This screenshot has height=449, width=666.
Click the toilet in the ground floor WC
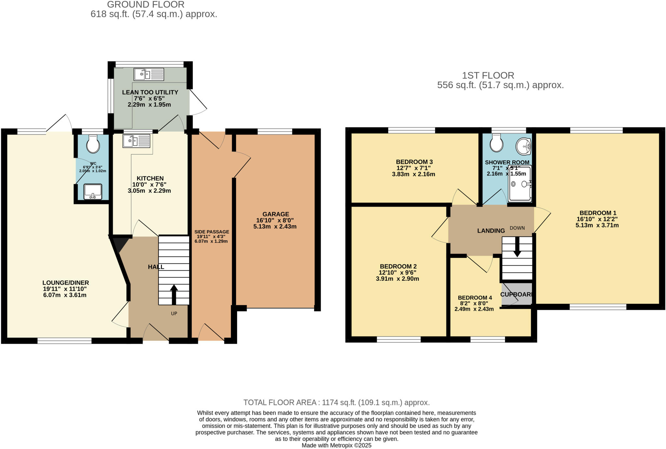(93, 144)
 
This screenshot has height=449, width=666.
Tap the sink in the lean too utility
(149, 74)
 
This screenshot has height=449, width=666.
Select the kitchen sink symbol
(137, 141)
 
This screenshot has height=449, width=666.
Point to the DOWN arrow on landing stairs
(517, 249)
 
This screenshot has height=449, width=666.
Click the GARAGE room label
(276, 214)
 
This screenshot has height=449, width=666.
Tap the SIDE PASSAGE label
(212, 232)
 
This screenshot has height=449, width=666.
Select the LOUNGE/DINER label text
(65, 283)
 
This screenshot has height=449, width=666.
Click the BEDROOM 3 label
(414, 162)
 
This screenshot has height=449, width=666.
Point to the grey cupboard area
(516, 294)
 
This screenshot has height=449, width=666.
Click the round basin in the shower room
(524, 147)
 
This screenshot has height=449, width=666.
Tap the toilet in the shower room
(496, 143)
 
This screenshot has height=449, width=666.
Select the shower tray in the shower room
(520, 183)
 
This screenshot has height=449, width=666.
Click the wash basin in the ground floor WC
(93, 192)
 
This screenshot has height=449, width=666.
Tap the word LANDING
(491, 231)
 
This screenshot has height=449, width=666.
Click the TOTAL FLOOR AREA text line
(336, 403)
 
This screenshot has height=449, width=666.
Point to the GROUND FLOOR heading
(146, 5)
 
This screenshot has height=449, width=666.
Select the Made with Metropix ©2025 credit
(336, 445)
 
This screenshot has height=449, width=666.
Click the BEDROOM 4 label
(474, 298)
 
